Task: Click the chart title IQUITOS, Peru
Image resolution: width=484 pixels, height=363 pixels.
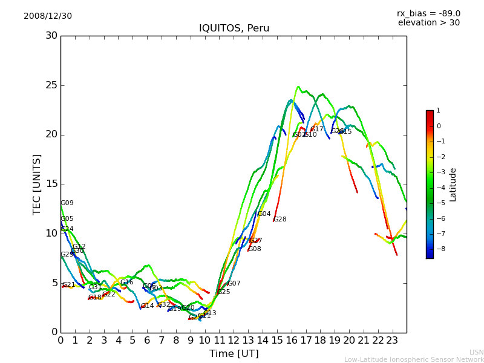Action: click(x=234, y=28)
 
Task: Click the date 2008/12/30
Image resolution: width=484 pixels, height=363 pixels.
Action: click(x=48, y=16)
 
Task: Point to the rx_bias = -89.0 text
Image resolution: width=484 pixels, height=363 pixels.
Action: click(x=428, y=13)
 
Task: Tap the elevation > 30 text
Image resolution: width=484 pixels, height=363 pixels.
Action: click(x=428, y=23)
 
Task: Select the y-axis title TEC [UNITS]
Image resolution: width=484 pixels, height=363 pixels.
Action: click(x=37, y=184)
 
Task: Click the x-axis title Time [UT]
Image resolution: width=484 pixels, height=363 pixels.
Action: click(x=234, y=354)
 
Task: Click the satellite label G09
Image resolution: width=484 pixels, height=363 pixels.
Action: click(x=67, y=203)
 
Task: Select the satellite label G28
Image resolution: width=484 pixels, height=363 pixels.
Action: click(x=280, y=220)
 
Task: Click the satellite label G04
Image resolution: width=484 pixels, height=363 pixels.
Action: click(x=264, y=214)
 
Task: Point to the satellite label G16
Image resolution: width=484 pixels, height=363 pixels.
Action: click(x=126, y=283)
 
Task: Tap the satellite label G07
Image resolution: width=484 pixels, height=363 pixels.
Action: click(x=234, y=284)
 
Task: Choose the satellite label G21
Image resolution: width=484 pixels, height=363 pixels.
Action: click(x=69, y=285)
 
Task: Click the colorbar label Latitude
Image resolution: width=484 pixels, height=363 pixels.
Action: click(x=453, y=185)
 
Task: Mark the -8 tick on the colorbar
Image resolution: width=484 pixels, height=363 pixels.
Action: click(x=439, y=248)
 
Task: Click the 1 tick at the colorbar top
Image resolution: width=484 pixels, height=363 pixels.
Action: click(x=438, y=111)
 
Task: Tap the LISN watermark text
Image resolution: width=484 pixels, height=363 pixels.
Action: click(x=476, y=352)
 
